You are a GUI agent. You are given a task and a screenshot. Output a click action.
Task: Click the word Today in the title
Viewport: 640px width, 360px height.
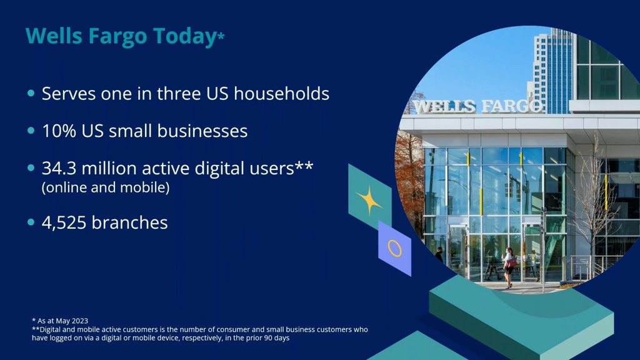pos(185,36)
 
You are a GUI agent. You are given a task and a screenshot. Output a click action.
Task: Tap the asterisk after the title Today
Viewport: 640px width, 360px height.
pos(221,37)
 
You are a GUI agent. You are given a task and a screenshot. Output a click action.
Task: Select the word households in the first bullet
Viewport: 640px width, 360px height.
pos(281,94)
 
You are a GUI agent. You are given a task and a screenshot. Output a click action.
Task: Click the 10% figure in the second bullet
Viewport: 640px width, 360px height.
pos(59,131)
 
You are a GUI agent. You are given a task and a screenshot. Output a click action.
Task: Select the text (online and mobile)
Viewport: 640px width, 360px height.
pos(106,187)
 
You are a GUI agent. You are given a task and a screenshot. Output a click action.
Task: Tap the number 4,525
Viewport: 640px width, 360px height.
pos(64,223)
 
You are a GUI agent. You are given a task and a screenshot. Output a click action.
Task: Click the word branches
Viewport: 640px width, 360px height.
pos(129,223)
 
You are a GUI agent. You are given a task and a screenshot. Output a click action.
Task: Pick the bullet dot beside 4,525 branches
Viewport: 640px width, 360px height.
pos(31,222)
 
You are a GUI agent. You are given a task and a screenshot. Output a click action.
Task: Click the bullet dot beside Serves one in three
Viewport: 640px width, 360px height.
pos(31,94)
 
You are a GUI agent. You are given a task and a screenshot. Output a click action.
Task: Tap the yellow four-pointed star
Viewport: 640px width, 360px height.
pos(370,200)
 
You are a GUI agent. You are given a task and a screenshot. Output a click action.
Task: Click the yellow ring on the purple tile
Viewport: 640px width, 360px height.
pos(395,248)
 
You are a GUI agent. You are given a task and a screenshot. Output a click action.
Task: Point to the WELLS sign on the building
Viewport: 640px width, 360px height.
pos(444,107)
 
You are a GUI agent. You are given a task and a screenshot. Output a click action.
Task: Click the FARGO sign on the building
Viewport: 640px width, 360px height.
pos(512,106)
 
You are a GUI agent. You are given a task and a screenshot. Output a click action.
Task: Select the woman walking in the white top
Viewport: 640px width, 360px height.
pos(509,267)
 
